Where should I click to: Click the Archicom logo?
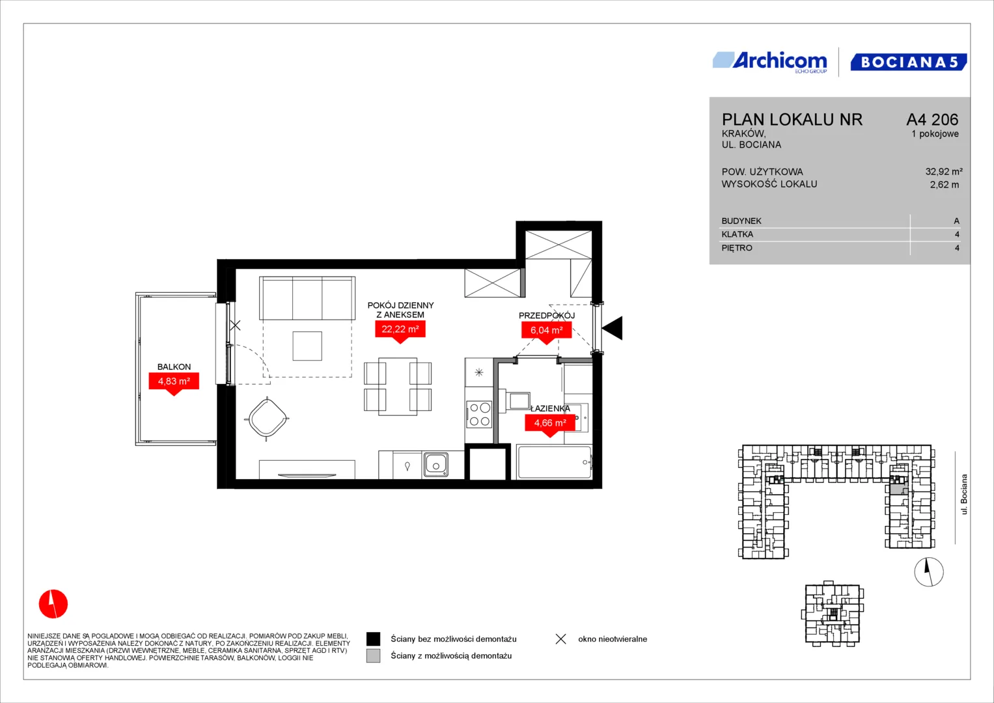[770, 62]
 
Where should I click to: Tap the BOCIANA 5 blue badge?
[908, 62]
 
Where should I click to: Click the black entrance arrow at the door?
[613, 328]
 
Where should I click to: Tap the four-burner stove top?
[479, 414]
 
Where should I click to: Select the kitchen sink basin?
[435, 464]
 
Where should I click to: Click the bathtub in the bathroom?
[555, 462]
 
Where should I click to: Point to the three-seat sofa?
[307, 298]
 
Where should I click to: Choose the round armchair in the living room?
[267, 418]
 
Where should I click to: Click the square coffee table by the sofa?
[307, 346]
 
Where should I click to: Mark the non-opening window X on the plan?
[235, 325]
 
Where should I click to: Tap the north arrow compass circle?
[929, 572]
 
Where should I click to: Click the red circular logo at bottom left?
[53, 604]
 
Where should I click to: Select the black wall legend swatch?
[373, 639]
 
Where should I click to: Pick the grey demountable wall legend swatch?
[373, 656]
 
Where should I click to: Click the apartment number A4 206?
[932, 119]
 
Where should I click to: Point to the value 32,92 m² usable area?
[944, 171]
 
